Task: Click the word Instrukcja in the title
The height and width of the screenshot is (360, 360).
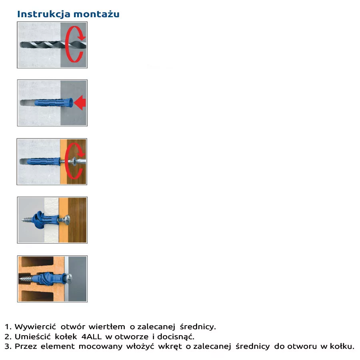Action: [x=44, y=14]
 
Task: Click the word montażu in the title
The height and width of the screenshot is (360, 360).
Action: [x=96, y=14]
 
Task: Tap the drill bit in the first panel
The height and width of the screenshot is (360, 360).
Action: [x=53, y=45]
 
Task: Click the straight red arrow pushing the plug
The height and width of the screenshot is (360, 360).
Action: [x=80, y=102]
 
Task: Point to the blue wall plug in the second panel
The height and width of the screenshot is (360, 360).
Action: [x=54, y=103]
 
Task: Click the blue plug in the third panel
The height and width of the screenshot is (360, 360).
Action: [x=44, y=161]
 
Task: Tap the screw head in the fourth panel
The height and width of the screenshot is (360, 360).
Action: [x=67, y=220]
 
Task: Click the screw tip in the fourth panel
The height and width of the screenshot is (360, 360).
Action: [x=22, y=220]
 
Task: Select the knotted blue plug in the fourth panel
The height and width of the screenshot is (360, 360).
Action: [x=46, y=220]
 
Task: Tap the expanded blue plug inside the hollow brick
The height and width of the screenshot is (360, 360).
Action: [x=49, y=278]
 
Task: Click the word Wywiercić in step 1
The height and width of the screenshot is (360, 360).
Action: [x=35, y=327]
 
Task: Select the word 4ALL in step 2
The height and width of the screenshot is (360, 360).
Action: [x=92, y=336]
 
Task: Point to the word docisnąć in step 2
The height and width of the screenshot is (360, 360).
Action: [x=176, y=336]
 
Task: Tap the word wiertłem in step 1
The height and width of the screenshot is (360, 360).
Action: [x=107, y=326]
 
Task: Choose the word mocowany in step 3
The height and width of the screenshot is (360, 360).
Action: [x=100, y=346]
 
